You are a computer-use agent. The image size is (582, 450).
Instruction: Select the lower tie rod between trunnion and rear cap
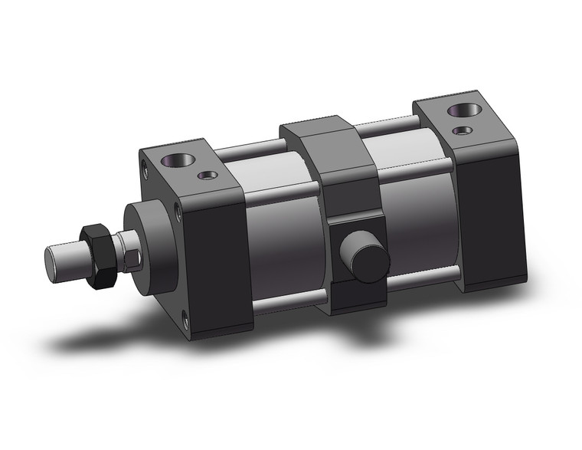coord(425,280)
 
